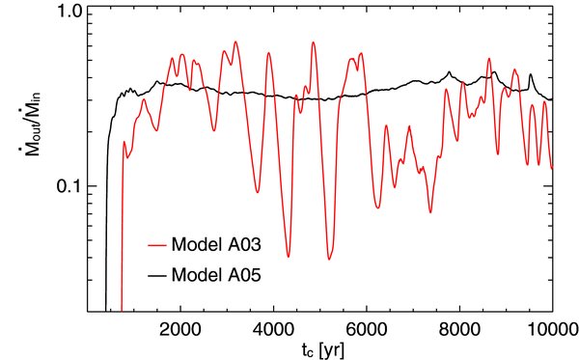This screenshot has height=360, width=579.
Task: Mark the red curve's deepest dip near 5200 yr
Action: click(x=329, y=260)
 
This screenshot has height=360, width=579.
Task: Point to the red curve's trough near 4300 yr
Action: click(x=289, y=256)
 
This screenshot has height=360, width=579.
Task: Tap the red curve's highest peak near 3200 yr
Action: click(x=235, y=42)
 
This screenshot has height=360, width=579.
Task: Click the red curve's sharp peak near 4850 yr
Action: click(x=313, y=42)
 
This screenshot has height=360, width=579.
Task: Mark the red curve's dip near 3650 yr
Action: click(x=258, y=192)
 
